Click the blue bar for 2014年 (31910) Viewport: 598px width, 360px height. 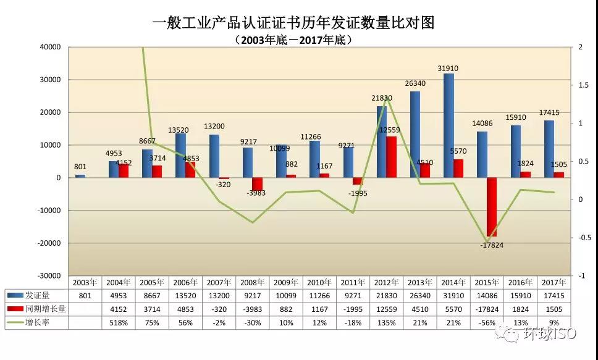(x=448, y=125)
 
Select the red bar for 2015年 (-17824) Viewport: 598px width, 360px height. (x=491, y=207)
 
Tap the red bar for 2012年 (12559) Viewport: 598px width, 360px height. (x=391, y=157)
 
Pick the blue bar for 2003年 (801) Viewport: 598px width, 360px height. (x=80, y=176)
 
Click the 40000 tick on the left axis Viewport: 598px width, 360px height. (x=50, y=47)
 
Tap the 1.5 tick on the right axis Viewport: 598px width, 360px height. (x=584, y=85)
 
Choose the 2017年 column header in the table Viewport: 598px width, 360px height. (x=553, y=282)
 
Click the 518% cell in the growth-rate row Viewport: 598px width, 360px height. (x=119, y=322)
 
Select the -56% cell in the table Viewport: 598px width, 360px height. (x=486, y=322)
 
